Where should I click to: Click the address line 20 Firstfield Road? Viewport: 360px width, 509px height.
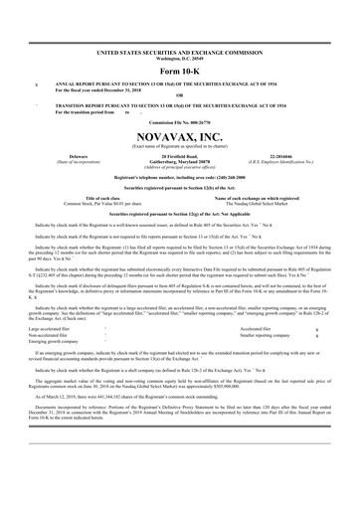180,156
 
